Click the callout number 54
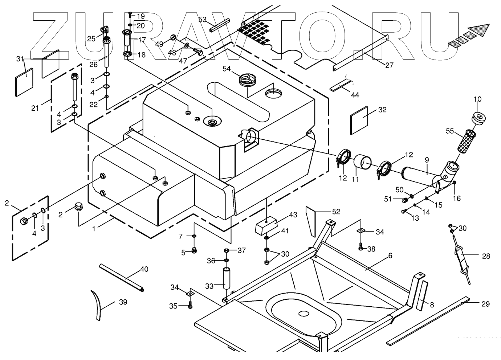(227, 69)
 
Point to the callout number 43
(293, 215)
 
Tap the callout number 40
(144, 269)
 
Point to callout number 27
(389, 65)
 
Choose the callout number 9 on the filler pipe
(427, 159)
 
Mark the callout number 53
(202, 19)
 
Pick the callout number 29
(485, 304)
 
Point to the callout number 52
(336, 212)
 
